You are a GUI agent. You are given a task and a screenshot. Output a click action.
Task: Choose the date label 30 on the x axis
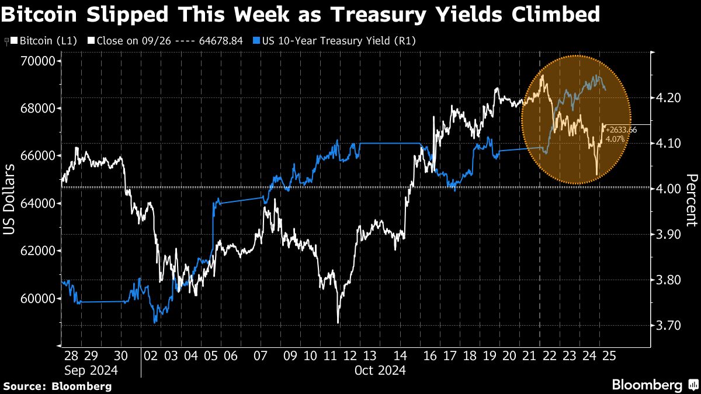[120, 356]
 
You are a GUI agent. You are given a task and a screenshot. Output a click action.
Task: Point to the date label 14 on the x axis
[400, 356]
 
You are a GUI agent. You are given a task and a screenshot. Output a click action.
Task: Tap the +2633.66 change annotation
[620, 130]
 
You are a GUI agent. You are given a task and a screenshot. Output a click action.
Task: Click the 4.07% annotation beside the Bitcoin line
[616, 139]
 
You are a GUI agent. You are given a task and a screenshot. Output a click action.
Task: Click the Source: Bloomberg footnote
[57, 386]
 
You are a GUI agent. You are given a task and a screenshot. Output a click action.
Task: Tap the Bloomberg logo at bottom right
[654, 385]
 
